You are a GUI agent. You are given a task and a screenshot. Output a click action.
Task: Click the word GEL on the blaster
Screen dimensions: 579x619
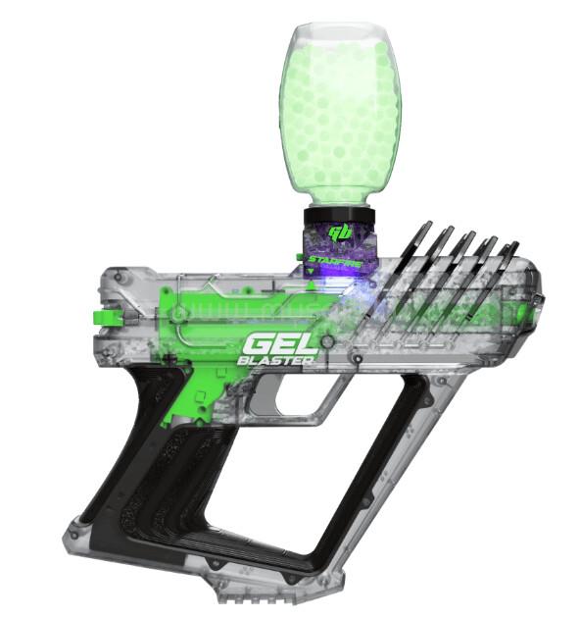point(280,343)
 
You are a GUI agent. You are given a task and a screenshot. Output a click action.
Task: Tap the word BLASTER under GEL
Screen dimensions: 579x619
point(275,360)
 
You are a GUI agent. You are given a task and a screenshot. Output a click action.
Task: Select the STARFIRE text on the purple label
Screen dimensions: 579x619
point(335,261)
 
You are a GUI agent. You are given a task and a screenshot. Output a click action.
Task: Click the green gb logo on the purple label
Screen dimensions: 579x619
point(341,232)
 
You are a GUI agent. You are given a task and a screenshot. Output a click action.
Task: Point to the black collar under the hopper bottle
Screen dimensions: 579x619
point(339,216)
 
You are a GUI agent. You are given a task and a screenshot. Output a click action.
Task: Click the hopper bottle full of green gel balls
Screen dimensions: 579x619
point(341,115)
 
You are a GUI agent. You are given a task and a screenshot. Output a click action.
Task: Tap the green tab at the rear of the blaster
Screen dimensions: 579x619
point(107,317)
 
